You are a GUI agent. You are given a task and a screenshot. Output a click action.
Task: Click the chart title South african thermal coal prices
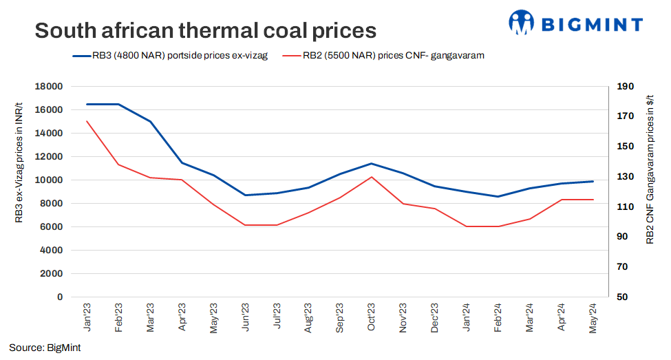(x=205, y=30)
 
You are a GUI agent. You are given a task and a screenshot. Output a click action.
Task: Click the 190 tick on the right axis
(x=625, y=87)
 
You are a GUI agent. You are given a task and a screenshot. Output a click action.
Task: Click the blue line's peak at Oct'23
(x=372, y=163)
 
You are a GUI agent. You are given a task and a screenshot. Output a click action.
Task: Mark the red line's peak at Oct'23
(x=372, y=177)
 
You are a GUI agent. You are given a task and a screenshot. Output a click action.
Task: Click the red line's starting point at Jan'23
(x=87, y=121)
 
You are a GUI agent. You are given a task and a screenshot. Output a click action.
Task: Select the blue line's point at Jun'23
(x=245, y=195)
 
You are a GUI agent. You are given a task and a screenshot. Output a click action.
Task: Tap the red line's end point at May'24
(x=594, y=200)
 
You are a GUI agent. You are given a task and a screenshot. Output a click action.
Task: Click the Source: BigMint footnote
(x=45, y=348)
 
